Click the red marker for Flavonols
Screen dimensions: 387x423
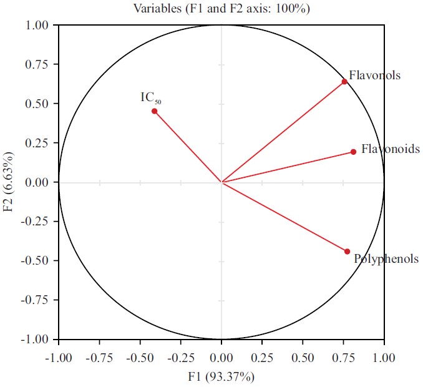point(344,82)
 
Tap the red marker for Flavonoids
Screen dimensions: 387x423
point(353,152)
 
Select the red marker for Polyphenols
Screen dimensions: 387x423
point(348,252)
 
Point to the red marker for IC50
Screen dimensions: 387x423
point(154,111)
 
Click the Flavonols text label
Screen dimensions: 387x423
point(374,76)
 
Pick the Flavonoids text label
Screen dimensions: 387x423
point(391,149)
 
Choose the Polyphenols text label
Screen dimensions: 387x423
point(386,258)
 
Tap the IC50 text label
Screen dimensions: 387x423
point(152,98)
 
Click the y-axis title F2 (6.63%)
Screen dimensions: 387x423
point(9,182)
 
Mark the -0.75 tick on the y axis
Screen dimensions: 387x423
point(36,300)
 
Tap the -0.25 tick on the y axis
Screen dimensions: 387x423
point(36,222)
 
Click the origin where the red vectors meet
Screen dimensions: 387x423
point(221,182)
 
